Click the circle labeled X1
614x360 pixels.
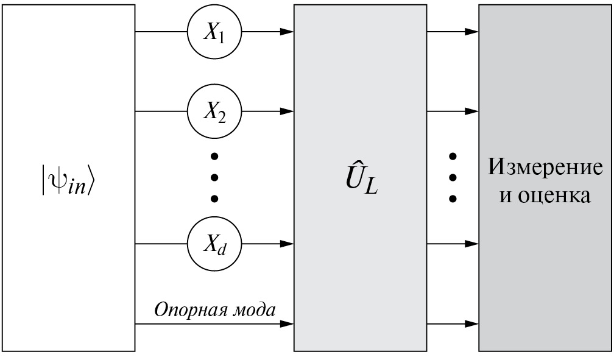tap(214, 32)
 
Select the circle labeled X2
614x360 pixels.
tap(214, 111)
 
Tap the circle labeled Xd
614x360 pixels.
tap(214, 244)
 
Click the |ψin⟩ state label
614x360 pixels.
tap(68, 180)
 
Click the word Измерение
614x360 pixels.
tap(545, 166)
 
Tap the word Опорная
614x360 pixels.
tap(183, 309)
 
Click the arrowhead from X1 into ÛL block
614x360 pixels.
tap(288, 32)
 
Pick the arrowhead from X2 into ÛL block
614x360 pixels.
tap(288, 111)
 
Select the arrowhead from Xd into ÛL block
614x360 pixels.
tap(288, 244)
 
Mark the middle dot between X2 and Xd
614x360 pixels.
tap(214, 177)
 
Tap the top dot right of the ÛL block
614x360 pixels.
tap(452, 157)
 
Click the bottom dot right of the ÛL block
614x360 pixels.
tap(452, 199)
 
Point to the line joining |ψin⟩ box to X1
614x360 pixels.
tap(161, 32)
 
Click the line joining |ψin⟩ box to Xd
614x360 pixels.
tap(161, 244)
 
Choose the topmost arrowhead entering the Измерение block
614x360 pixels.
tap(472, 32)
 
